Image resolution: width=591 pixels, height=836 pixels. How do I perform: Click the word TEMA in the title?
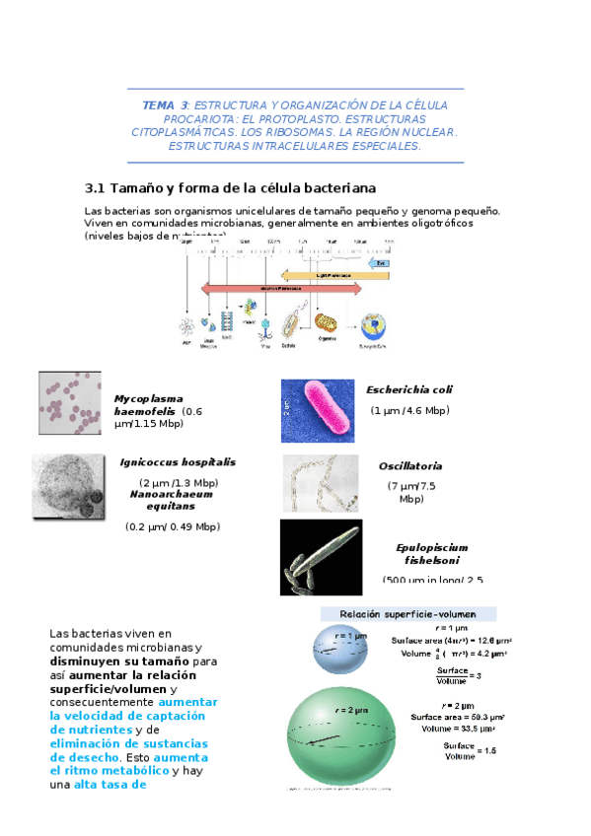tap(157, 104)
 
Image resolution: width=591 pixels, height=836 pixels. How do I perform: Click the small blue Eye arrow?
tap(381, 263)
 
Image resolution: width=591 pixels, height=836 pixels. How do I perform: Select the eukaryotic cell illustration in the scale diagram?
tap(373, 326)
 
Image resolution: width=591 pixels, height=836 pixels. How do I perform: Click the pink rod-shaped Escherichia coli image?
tap(318, 408)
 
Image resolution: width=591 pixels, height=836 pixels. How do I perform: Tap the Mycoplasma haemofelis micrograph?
tap(69, 402)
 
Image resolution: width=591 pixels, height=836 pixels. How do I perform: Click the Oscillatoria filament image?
tap(321, 481)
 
